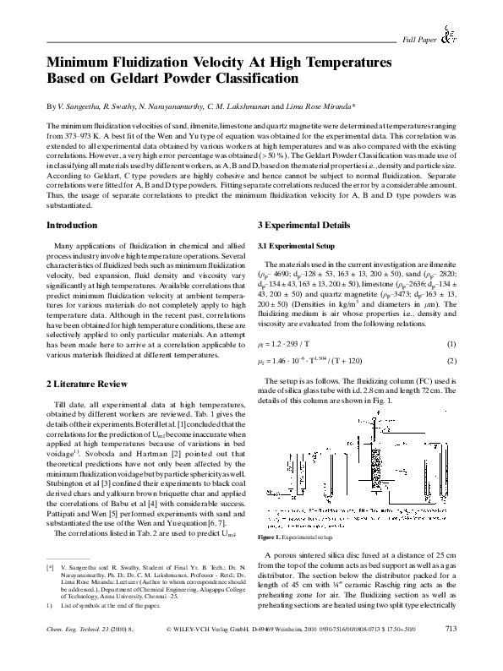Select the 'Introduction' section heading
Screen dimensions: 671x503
point(71,225)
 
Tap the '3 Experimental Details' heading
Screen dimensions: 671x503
point(302,225)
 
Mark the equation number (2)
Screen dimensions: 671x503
point(451,361)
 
